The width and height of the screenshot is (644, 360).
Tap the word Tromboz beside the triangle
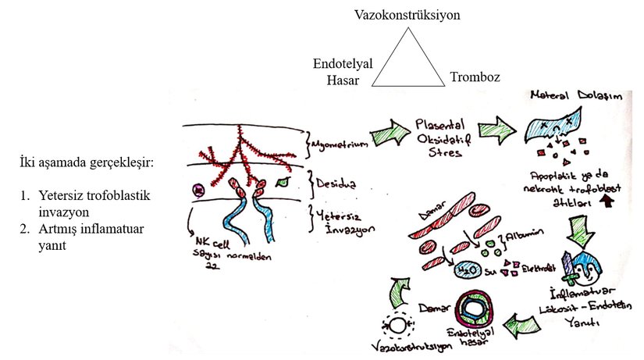pos(475,77)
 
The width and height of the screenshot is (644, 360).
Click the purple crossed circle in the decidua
pos(199,190)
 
